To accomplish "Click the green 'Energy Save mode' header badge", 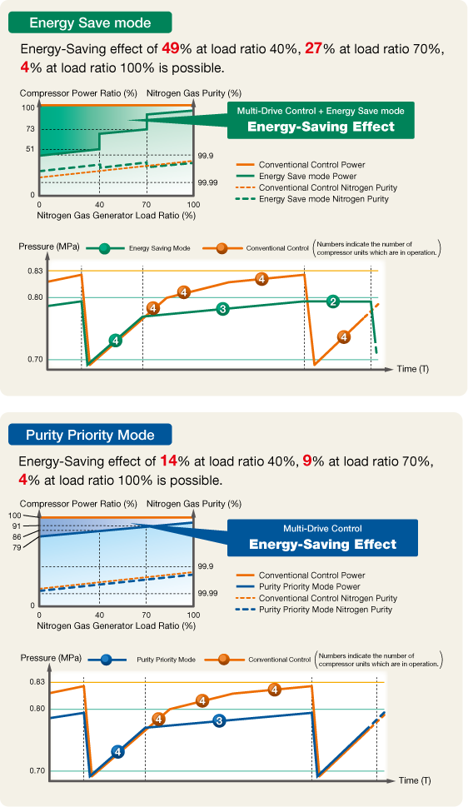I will pyautogui.click(x=88, y=22).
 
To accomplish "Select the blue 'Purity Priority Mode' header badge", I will pyautogui.click(x=90, y=435).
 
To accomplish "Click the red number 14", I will pyautogui.click(x=167, y=461).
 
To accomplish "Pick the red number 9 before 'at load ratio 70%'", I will pyautogui.click(x=307, y=461).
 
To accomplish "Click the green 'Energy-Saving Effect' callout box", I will pyautogui.click(x=321, y=120).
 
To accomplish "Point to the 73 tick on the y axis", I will pyautogui.click(x=30, y=129).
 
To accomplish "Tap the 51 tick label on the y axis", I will pyautogui.click(x=30, y=149).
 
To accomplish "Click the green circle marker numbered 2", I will pyautogui.click(x=333, y=301).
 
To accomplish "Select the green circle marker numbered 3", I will pyautogui.click(x=222, y=309).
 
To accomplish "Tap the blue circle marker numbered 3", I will pyautogui.click(x=219, y=720).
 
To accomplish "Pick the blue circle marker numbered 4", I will pyautogui.click(x=117, y=751).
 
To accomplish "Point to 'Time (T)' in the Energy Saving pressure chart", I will pyautogui.click(x=413, y=368).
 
